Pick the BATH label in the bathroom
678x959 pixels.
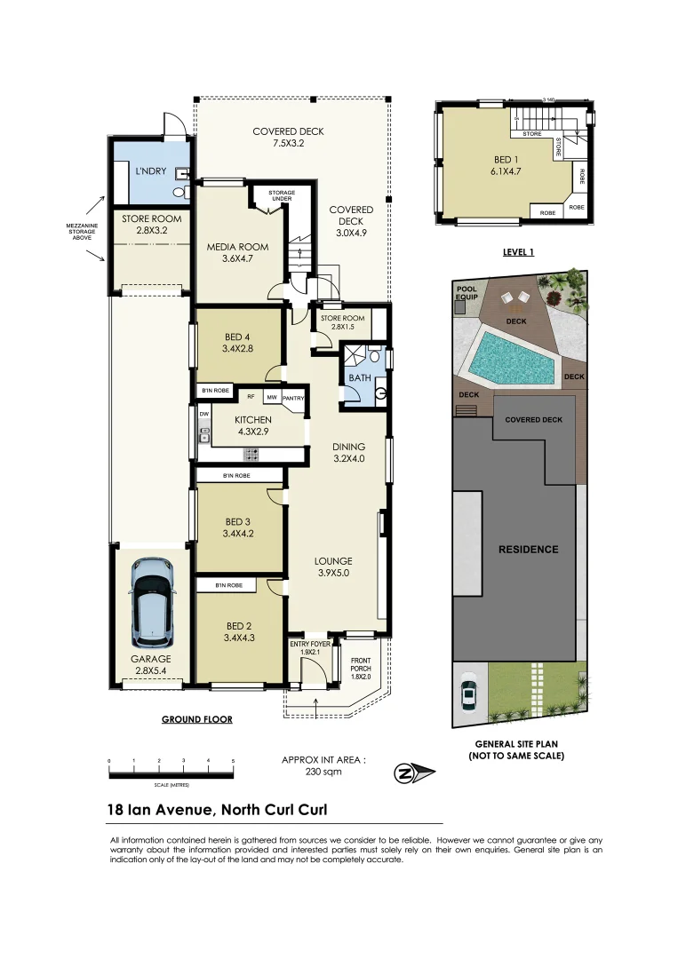(359, 377)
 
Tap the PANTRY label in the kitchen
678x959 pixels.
(294, 399)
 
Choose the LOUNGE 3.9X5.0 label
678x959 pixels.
(332, 567)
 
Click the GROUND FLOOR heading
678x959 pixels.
(196, 719)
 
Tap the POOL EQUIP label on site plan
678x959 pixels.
(466, 294)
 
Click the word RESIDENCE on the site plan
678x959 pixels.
(528, 549)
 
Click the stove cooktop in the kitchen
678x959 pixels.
(251, 453)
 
